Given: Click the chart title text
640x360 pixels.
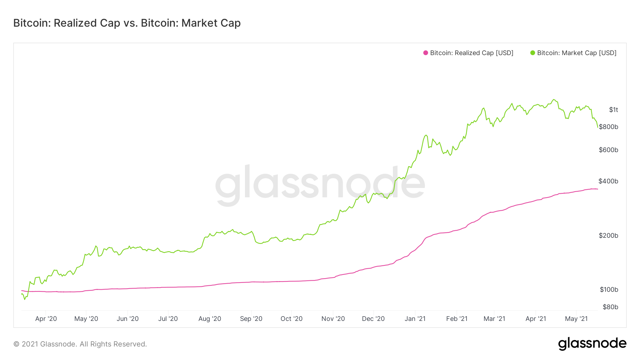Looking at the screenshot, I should click(127, 23).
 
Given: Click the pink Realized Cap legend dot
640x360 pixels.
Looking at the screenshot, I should click(426, 53).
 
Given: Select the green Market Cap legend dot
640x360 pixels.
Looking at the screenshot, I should click(533, 53).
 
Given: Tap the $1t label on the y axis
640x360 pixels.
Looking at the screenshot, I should click(613, 110).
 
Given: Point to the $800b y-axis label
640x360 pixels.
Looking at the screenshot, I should click(608, 127).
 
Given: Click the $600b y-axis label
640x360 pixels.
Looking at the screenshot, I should click(608, 150).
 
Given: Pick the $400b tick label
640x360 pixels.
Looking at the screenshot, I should click(608, 181).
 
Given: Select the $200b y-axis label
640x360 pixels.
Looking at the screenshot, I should click(608, 236).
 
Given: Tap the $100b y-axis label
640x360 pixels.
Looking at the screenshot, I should click(609, 290).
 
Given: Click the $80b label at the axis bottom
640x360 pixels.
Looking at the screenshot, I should click(610, 307).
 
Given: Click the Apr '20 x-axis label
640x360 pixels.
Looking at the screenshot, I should click(46, 319).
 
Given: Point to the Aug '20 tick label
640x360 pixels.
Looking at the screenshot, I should click(210, 319).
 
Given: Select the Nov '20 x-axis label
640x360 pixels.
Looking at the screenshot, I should click(333, 319).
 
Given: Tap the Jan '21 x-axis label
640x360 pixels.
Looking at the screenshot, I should click(415, 319).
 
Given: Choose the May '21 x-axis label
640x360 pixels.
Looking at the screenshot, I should click(576, 319).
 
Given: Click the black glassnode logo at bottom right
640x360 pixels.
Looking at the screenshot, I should click(592, 344).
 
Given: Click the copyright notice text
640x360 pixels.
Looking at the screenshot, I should click(80, 344).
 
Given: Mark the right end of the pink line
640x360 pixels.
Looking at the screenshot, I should click(598, 189).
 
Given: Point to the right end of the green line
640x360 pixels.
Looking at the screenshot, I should click(598, 127).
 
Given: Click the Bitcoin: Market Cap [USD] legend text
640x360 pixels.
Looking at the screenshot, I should click(577, 53).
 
